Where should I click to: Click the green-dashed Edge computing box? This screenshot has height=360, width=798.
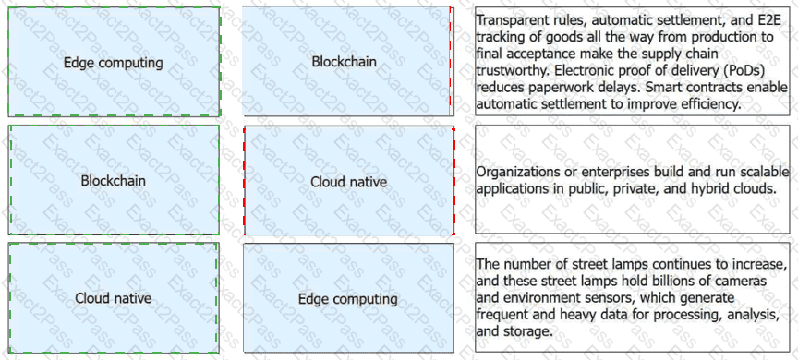114,62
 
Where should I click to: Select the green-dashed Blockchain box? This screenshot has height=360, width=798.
114,180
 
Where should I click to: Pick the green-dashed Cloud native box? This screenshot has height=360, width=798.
114,298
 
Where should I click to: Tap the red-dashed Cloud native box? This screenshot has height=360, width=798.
349,181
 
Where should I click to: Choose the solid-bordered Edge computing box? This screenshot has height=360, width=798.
348,298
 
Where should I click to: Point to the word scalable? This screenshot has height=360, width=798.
767,172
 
